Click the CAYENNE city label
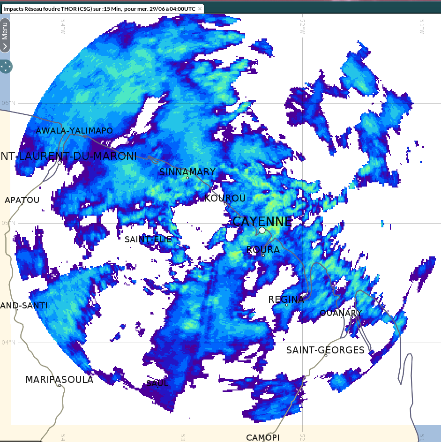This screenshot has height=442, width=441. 262,221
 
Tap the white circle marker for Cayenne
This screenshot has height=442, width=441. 262,230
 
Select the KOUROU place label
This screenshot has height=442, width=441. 225,198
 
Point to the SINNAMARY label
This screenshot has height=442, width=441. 187,172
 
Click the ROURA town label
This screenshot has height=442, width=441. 263,250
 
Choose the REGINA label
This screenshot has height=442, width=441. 286,299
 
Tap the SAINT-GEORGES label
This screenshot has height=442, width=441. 325,350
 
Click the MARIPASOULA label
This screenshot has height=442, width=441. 59,379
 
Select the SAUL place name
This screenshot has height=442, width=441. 157,383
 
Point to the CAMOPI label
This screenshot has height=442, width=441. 262,437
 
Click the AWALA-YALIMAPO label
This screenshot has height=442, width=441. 74,130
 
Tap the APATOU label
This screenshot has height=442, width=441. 22,200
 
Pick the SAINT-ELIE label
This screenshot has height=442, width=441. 148,239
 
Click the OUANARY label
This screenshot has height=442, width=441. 341,313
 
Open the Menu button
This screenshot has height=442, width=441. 5,35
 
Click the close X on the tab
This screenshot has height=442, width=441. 200,8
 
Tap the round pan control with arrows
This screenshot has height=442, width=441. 6,67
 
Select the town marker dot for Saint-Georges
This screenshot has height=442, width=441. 326,355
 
